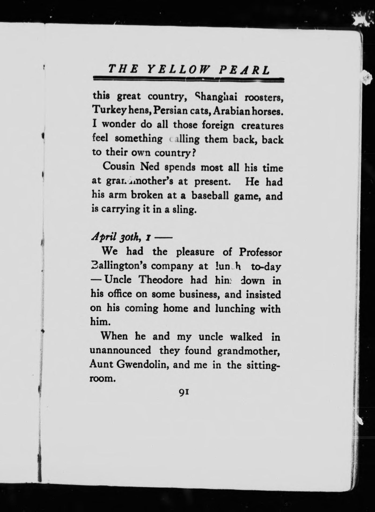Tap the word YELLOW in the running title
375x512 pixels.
pos(178,70)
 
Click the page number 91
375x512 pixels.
pos(184,392)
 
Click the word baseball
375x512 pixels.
pos(210,195)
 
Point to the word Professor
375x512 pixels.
pos(260,252)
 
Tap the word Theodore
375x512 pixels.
pos(161,280)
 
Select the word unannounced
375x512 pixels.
pos(120,350)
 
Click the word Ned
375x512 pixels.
pos(150,166)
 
